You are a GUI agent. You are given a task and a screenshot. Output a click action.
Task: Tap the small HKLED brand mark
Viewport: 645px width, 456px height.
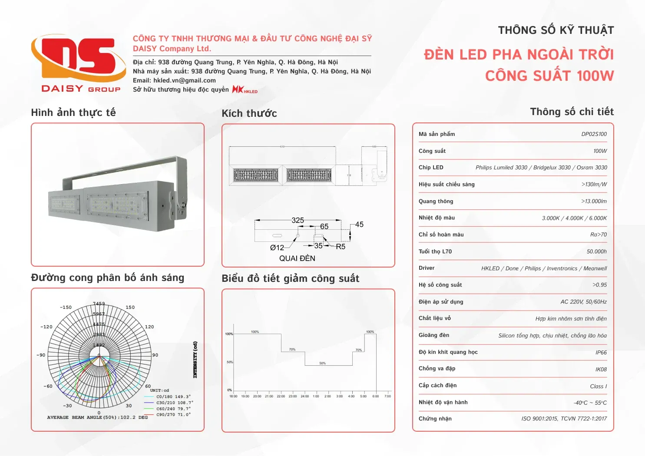(245, 89)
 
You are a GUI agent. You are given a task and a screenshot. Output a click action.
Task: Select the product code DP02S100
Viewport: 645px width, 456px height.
(594, 134)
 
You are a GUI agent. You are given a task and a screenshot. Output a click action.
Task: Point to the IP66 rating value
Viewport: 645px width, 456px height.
(601, 353)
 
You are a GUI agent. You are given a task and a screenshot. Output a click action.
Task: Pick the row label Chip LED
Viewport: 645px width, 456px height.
(431, 168)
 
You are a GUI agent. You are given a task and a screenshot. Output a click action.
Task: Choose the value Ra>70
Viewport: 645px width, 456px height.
(598, 235)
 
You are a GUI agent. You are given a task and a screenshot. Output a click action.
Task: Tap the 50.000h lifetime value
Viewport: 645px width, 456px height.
(596, 252)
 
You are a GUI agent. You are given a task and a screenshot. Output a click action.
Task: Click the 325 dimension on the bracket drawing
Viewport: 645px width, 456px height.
(298, 220)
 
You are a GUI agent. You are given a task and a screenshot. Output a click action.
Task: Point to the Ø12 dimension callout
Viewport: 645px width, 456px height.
(277, 248)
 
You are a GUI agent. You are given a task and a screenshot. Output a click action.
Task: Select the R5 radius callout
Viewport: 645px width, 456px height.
(341, 247)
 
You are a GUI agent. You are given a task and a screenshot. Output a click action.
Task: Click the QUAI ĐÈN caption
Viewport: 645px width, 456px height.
(297, 258)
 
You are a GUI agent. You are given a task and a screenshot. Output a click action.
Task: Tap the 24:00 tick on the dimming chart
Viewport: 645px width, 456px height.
(305, 396)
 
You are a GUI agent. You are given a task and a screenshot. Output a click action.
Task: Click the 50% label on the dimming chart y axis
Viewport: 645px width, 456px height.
(229, 362)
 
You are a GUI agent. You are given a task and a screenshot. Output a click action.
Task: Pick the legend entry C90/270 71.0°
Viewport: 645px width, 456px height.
(173, 415)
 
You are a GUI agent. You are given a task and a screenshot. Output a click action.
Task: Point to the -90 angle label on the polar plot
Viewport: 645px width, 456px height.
(41, 355)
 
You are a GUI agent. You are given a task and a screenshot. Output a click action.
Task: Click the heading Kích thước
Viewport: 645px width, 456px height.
(249, 114)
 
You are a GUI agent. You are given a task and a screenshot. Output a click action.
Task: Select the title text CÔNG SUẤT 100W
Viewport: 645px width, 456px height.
(549, 76)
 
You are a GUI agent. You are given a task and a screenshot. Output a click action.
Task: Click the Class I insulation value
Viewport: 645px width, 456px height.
(598, 387)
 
